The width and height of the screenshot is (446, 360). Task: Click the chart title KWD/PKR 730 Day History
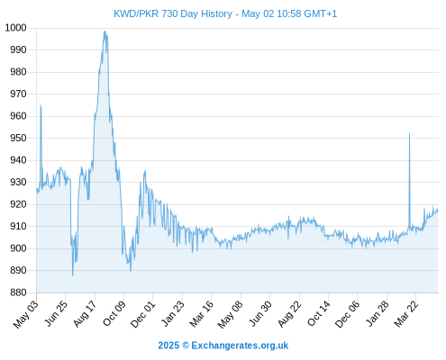pos(173,13)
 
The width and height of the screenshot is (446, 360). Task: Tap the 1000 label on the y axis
pos(15,28)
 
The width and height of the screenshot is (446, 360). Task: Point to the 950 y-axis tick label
pos(18,139)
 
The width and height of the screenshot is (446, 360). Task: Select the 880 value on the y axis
pos(18,292)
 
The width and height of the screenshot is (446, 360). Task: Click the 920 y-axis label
pos(18,204)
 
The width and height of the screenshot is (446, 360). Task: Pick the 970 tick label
pos(18,94)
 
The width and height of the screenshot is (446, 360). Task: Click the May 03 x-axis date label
pos(26,314)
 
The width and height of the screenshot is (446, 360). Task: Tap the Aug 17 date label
pos(85,313)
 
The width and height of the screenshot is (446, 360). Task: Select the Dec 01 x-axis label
pos(143,314)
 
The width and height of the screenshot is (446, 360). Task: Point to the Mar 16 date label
pos(202,313)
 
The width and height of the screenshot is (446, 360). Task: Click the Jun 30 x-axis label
pos(260,313)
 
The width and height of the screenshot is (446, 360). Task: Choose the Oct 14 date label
pos(319,313)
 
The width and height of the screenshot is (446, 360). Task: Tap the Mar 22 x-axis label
pos(406,313)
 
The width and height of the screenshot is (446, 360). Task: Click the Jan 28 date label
pos(378,313)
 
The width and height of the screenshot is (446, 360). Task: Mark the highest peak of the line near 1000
pos(105,31)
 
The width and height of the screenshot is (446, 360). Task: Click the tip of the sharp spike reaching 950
pos(409,134)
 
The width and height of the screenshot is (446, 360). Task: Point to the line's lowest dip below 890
pos(72,275)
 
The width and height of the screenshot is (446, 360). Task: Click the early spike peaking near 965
pos(41,104)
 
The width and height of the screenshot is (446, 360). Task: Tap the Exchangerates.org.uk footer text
pos(240,346)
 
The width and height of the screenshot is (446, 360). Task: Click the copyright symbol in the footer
pos(186,346)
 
